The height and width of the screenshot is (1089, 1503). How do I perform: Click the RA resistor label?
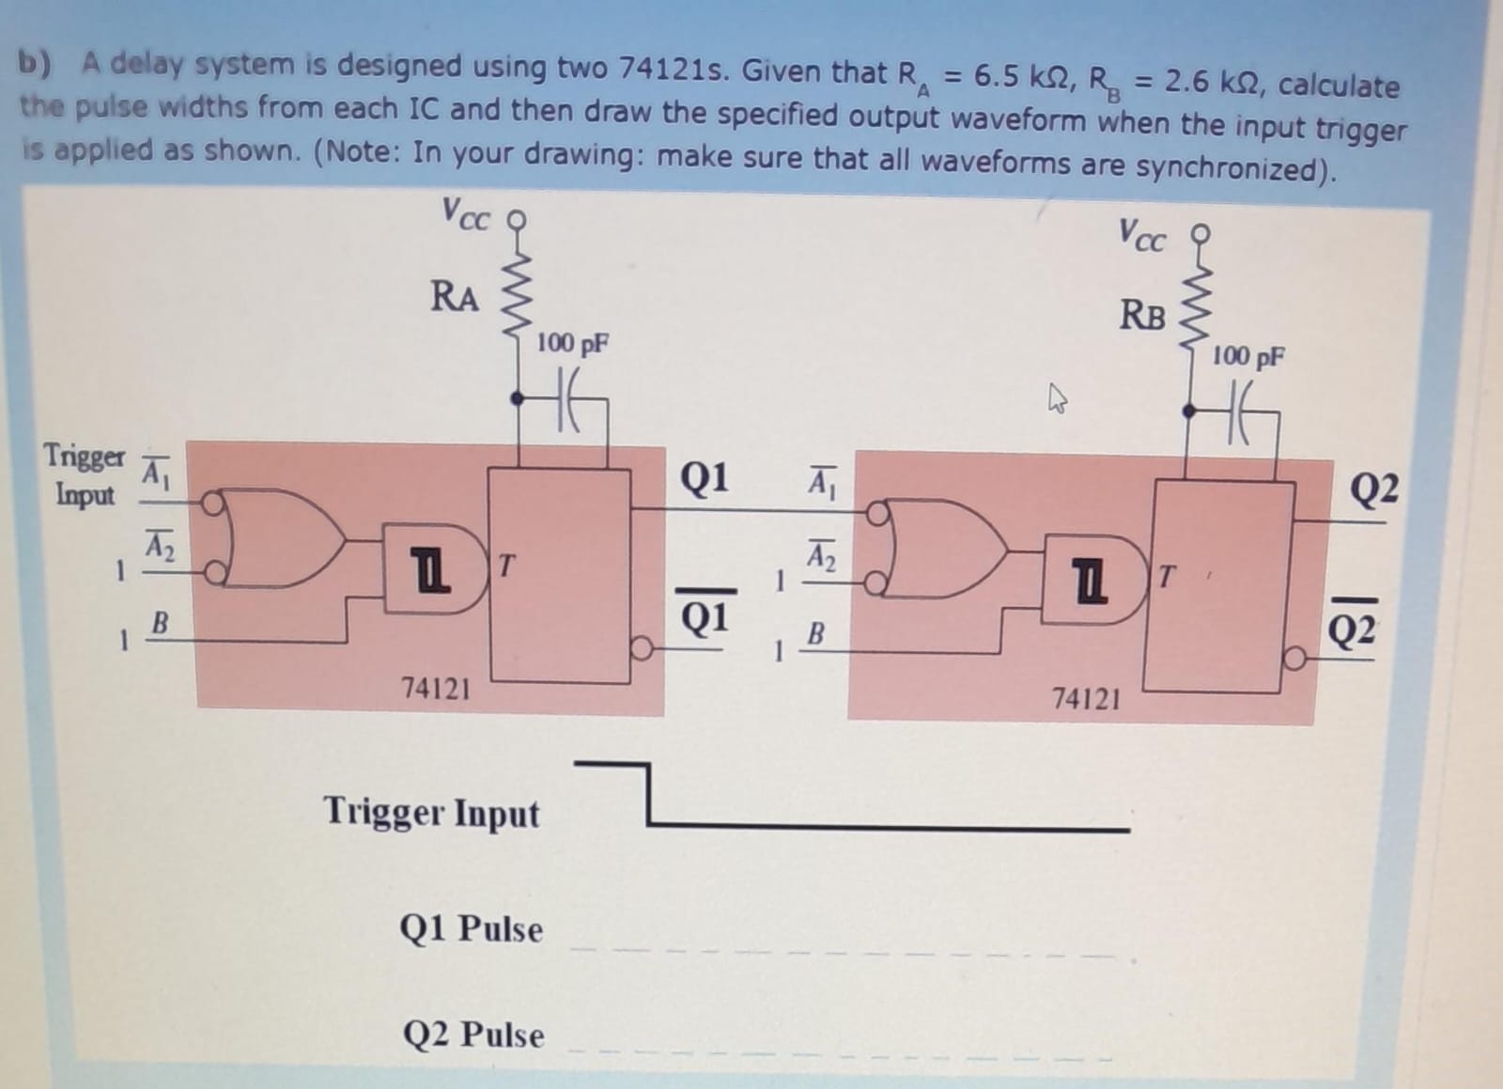(455, 296)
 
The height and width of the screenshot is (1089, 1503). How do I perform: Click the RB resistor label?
(1142, 315)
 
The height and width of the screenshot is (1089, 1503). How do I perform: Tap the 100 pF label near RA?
(572, 343)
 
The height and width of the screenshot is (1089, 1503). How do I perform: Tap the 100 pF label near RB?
(1247, 356)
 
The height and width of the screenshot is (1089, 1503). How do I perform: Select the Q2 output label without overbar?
(1373, 489)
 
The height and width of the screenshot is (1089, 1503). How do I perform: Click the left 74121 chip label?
(436, 689)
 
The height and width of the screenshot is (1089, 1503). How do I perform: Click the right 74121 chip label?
(1086, 699)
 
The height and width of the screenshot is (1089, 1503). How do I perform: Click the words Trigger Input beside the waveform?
(431, 812)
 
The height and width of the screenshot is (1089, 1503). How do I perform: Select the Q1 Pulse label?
(471, 929)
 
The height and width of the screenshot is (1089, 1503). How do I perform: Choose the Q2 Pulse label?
(473, 1035)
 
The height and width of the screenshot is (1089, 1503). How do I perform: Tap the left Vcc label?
(465, 215)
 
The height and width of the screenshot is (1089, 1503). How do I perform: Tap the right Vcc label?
(1141, 234)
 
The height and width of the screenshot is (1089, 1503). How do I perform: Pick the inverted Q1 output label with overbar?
(704, 616)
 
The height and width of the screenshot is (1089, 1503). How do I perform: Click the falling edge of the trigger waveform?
(646, 795)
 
